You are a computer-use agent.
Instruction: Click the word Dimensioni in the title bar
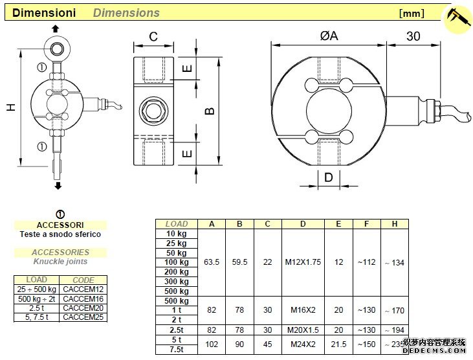pyautogui.click(x=45, y=12)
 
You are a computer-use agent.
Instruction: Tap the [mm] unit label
pyautogui.click(x=411, y=13)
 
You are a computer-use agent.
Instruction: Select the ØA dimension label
pyautogui.click(x=329, y=36)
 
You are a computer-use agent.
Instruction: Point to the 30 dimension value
pyautogui.click(x=413, y=36)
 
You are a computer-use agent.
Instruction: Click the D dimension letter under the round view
pyautogui.click(x=328, y=177)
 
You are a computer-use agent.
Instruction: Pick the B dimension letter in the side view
pyautogui.click(x=210, y=111)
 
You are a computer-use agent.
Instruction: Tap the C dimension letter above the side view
pyautogui.click(x=153, y=37)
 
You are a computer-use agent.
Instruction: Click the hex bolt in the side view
pyautogui.click(x=154, y=110)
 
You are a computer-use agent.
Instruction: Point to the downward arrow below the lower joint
pyautogui.click(x=58, y=186)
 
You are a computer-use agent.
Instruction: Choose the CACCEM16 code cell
pyautogui.click(x=84, y=298)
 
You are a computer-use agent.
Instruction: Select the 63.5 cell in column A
pyautogui.click(x=212, y=262)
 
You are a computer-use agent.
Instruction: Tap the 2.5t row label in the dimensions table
pyautogui.click(x=176, y=330)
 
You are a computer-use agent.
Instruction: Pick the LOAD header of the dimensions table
pyautogui.click(x=177, y=224)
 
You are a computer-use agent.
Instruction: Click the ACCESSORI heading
pyautogui.click(x=60, y=225)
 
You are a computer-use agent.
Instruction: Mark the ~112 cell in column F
pyautogui.click(x=366, y=262)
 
